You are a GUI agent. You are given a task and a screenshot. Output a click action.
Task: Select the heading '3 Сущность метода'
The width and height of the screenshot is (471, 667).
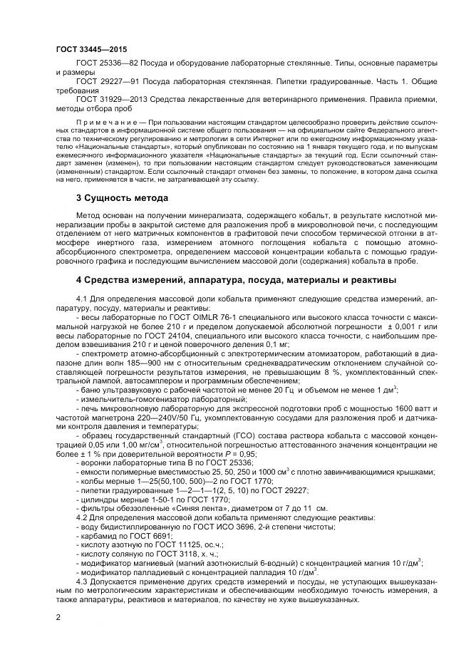point(122,197)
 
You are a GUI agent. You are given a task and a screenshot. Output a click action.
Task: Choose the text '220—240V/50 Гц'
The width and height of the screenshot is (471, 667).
point(148,422)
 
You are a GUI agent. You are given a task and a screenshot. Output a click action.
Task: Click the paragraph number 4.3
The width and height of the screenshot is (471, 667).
point(83,581)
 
